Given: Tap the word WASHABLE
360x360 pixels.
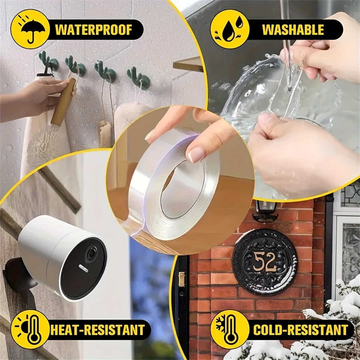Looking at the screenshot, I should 293,30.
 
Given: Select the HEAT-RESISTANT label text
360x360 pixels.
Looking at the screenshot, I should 98,330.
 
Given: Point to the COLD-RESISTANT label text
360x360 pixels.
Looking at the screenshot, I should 300,330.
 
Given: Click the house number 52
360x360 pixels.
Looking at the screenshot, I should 264,262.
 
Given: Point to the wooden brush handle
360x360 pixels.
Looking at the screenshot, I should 63,102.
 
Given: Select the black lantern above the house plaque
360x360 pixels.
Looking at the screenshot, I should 265,210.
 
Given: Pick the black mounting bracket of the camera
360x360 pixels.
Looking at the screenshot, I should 18,276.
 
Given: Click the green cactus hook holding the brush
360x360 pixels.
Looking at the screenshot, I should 76,68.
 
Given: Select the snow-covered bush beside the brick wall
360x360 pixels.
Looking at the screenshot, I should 336,320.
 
